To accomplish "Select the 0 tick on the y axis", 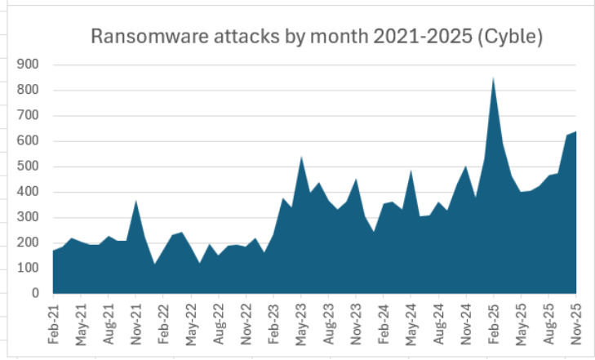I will [36, 293].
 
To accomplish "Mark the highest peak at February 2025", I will [494, 78].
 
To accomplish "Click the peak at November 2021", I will [136, 201].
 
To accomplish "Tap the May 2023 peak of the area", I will [301, 157].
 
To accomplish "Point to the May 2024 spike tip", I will [411, 171].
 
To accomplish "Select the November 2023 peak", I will [357, 179].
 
